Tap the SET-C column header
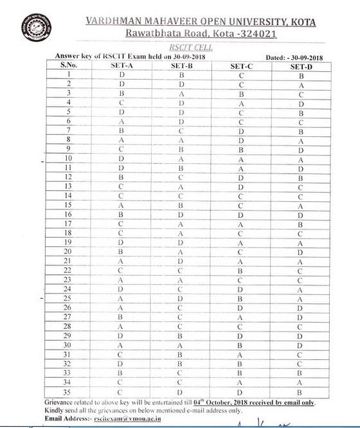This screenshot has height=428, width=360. [x=241, y=66]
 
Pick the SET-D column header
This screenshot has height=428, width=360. [x=300, y=66]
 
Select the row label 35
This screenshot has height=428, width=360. [x=67, y=391]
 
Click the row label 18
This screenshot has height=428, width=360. [x=67, y=233]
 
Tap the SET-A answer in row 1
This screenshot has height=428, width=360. [x=121, y=75]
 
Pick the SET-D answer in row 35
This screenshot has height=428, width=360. [x=300, y=391]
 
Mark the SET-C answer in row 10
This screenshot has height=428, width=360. [x=241, y=159]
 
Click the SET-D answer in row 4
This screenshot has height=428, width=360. [x=300, y=103]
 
